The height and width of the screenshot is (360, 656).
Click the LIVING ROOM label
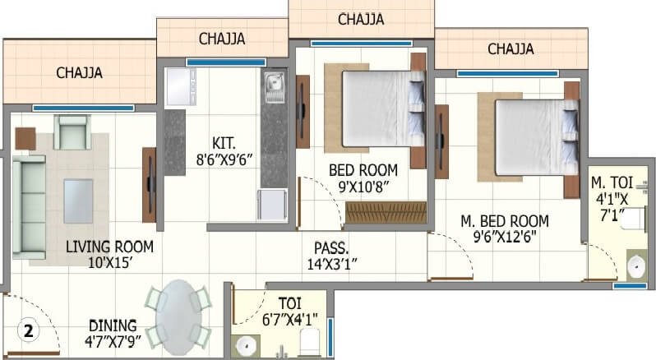coord(109,246)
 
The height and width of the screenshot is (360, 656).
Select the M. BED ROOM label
coord(505,221)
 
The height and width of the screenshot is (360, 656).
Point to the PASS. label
coord(331,247)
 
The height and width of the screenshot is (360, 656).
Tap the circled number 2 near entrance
coord(28,332)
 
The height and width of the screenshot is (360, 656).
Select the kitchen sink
coord(274,83)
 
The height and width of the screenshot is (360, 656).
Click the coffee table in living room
coord(78,201)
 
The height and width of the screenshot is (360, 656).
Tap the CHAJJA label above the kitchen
coord(221,38)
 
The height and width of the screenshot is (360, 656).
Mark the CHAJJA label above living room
coord(79,72)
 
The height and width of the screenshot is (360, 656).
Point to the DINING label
coord(113,325)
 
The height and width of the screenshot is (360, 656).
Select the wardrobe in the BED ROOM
coord(386,213)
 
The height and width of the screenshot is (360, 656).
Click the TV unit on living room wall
coord(149,184)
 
